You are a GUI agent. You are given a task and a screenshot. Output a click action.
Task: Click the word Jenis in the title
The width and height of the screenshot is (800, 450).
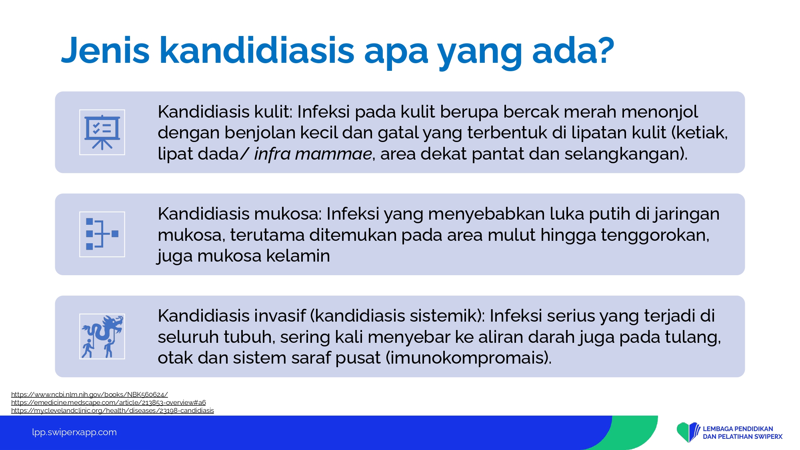(x=105, y=50)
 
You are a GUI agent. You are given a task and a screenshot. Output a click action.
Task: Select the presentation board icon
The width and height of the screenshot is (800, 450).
(x=102, y=132)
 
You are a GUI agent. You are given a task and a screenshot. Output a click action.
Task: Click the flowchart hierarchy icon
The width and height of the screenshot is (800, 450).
(x=102, y=234)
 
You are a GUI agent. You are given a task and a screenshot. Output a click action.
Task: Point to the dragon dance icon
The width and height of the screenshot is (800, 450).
(x=102, y=336)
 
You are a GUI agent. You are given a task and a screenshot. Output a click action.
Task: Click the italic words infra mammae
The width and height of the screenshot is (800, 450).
(x=313, y=154)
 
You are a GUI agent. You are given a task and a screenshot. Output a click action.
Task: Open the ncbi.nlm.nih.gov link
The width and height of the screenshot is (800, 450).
(x=90, y=394)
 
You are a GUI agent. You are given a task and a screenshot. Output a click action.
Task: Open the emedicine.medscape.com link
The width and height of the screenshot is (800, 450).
(x=108, y=402)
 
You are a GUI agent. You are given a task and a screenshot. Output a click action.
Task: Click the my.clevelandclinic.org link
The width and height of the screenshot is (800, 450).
(x=112, y=410)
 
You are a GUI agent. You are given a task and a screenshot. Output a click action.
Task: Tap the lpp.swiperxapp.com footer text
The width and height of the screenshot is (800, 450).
(x=74, y=432)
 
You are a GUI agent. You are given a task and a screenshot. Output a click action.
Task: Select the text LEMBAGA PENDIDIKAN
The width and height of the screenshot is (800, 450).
(x=738, y=429)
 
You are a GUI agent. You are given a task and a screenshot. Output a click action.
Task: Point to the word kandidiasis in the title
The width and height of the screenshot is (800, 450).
(x=257, y=50)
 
